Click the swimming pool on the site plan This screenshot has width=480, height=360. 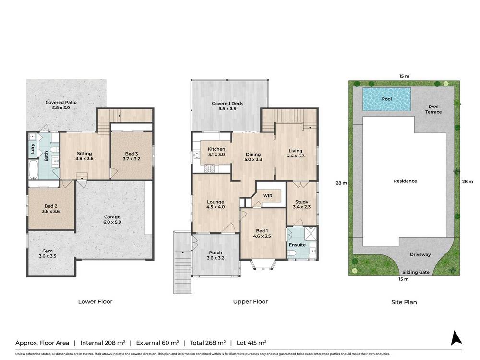point(386,98)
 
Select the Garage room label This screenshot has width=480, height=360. point(112,217)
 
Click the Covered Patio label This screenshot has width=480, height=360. point(61,102)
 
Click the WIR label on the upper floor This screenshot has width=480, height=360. point(267,195)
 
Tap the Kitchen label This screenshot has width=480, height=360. point(216,149)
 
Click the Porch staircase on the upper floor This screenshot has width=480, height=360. point(181,269)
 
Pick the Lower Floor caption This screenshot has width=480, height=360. point(95,302)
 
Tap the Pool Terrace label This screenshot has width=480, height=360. point(432,109)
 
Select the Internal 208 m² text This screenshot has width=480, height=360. point(103,343)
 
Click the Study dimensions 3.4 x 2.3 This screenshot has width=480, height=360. point(302,207)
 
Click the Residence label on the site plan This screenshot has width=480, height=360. point(405,181)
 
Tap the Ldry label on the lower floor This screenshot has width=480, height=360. point(32,147)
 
